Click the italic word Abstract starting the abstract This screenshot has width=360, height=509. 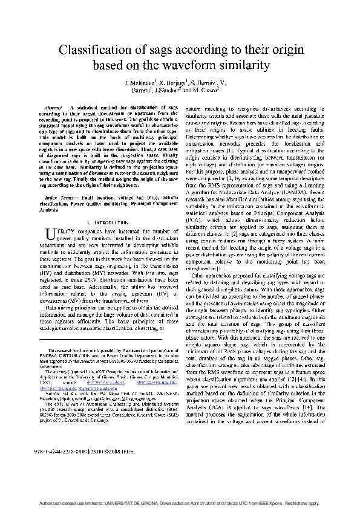pyautogui.click(x=54, y=107)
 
